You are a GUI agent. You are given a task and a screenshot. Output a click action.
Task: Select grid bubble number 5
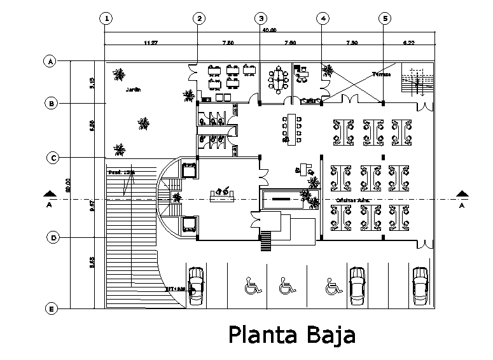[385, 19]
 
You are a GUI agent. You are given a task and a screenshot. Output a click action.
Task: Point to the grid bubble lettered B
[53, 103]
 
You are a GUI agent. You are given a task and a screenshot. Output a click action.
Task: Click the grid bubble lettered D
[53, 238]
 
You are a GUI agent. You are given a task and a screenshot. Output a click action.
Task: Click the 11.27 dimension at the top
[151, 43]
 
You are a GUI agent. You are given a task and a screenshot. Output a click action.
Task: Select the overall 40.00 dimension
[269, 30]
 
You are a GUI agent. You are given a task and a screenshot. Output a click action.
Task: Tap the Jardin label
[132, 89]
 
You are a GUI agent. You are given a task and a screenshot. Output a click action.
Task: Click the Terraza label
[381, 74]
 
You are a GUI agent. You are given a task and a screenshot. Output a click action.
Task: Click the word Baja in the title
[326, 335]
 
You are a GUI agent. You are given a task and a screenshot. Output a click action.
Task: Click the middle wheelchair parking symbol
[287, 287]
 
